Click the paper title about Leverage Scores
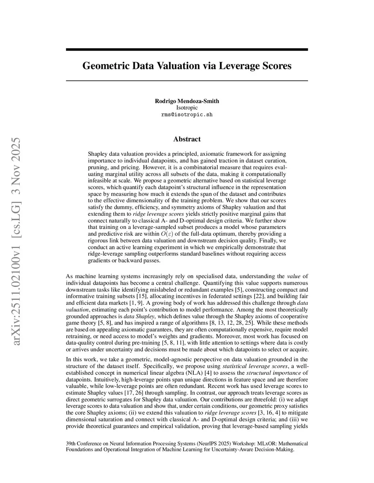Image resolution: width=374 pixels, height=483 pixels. [187, 66]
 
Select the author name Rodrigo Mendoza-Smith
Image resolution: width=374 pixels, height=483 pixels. [187, 101]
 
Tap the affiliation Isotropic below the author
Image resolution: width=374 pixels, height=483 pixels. [187, 108]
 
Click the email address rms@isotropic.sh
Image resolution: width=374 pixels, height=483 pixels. [187, 114]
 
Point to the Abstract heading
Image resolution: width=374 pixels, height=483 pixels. [187, 139]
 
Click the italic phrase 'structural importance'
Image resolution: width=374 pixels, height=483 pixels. [274, 373]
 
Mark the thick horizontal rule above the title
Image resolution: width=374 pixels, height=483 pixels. [187, 50]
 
